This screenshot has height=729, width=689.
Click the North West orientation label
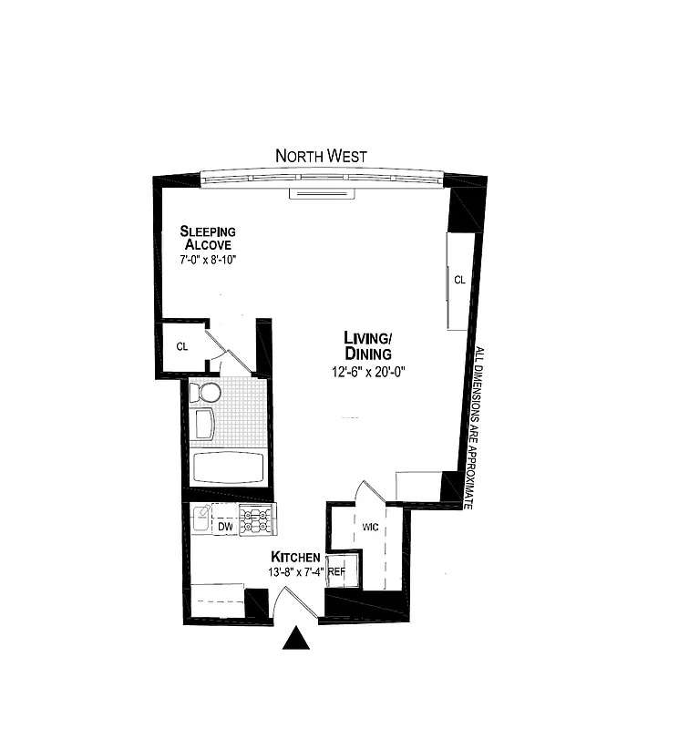[x=321, y=156]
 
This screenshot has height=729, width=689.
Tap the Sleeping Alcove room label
[x=208, y=238]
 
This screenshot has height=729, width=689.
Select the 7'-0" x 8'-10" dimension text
[x=208, y=260]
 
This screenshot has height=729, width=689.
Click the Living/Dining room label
[x=367, y=345]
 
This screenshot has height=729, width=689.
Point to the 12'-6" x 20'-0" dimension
[x=367, y=371]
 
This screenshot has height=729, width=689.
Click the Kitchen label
[x=294, y=557]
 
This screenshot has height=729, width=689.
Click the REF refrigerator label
[x=336, y=572]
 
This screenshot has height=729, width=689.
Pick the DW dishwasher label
[x=225, y=527]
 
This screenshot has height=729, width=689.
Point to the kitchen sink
[x=201, y=518]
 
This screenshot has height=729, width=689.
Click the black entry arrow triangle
[x=296, y=638]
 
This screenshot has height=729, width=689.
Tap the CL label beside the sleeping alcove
[x=182, y=346]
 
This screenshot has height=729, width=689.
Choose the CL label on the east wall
[x=459, y=280]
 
